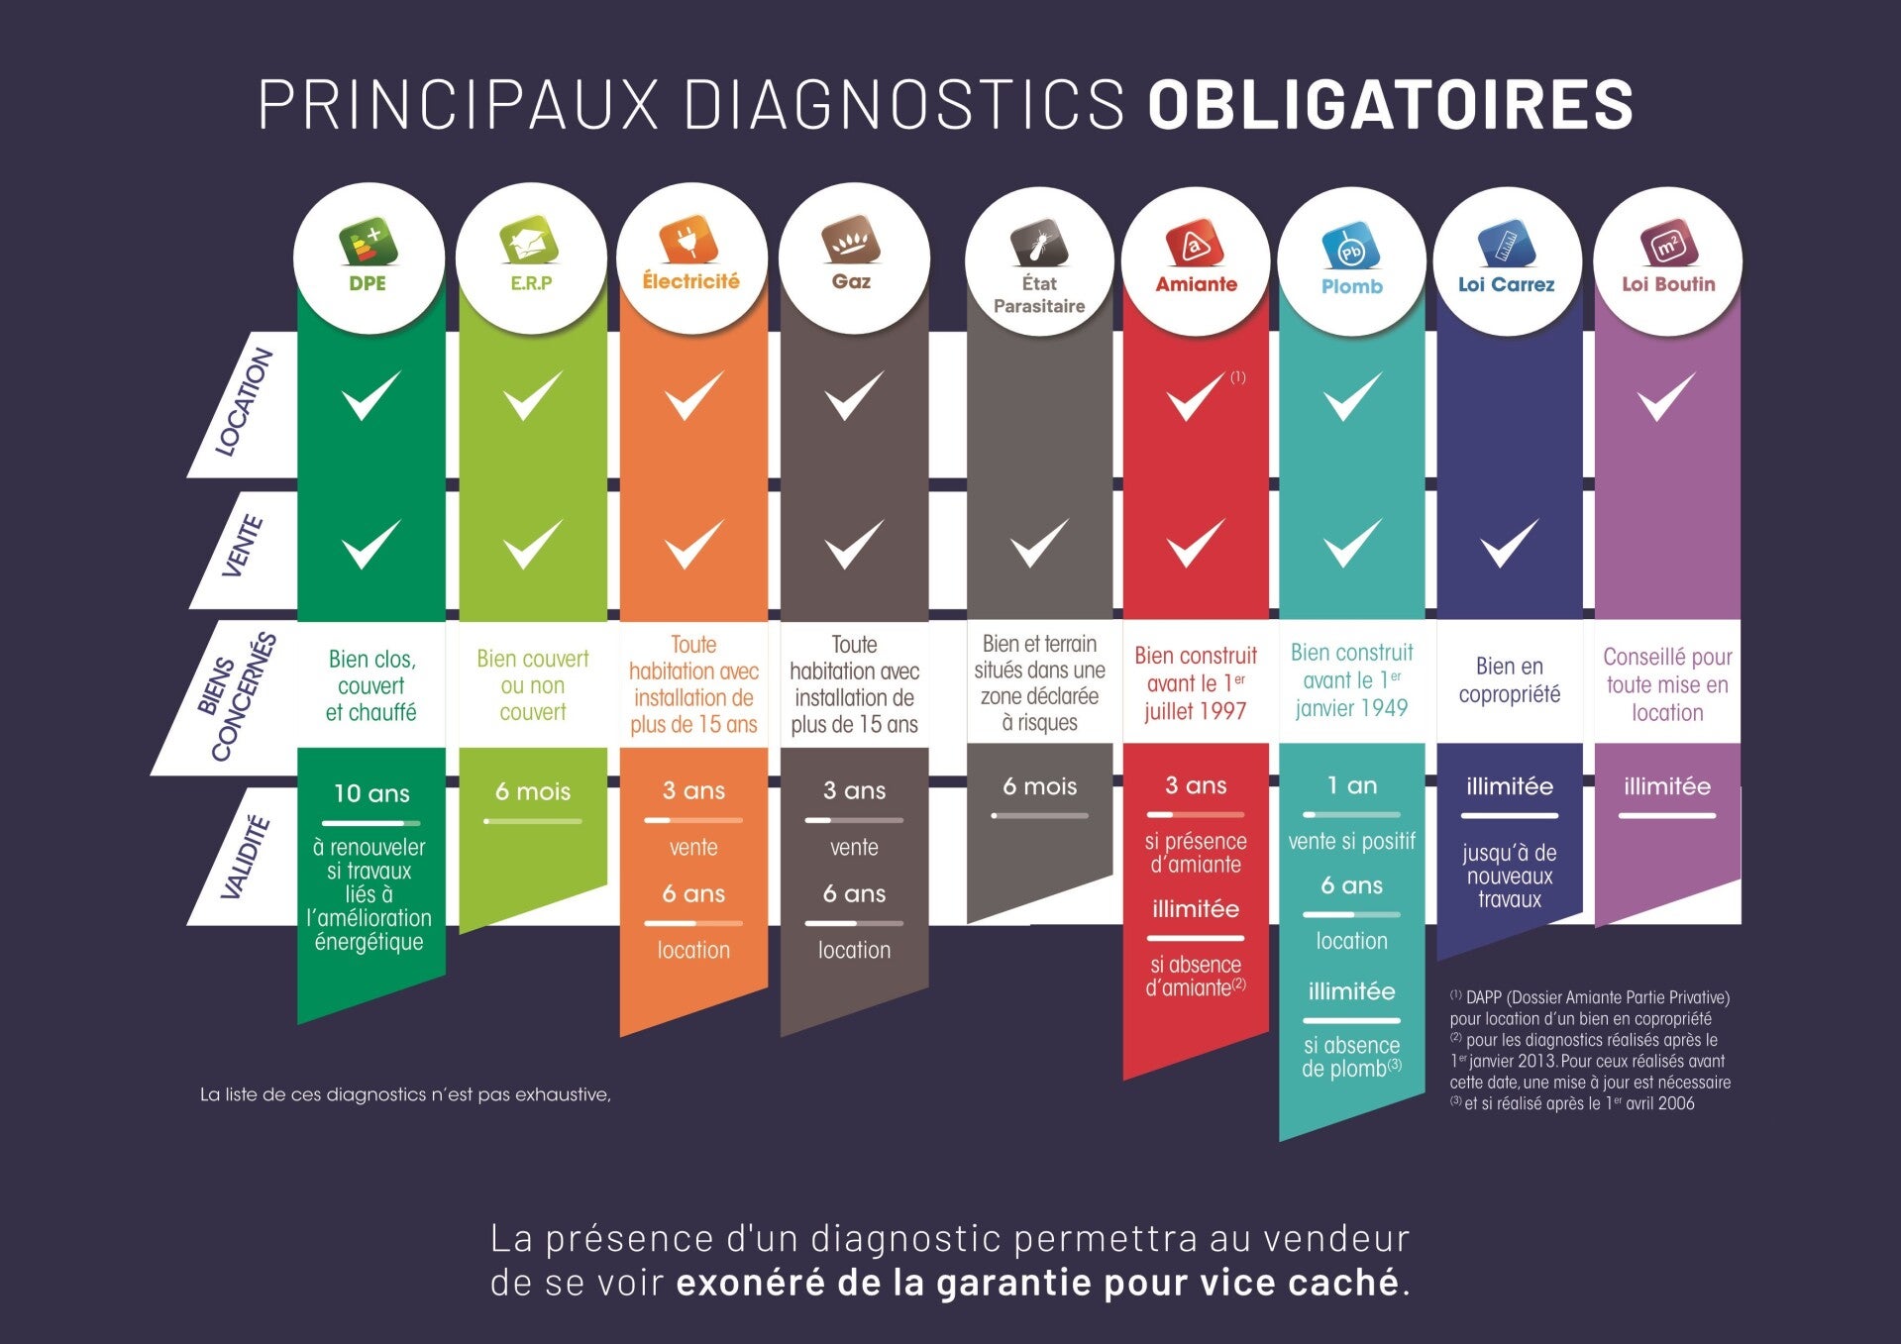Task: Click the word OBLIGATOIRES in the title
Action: pos(1390,104)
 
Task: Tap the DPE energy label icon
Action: pos(369,242)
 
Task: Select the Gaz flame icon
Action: pos(851,239)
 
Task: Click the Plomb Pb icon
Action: pos(1351,248)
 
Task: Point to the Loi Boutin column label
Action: pos(1668,284)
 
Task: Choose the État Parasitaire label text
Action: pos(1039,294)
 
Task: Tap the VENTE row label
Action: pos(242,546)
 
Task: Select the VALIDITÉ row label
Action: pos(245,858)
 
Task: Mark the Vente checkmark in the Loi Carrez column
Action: pos(1508,543)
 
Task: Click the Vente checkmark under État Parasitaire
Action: pos(1039,543)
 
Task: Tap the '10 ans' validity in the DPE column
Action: pos(371,793)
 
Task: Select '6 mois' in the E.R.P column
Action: pos(533,791)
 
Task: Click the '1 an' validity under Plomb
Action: pos(1352,785)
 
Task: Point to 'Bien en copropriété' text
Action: pos(1509,679)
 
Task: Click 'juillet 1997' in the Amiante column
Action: pos(1195,711)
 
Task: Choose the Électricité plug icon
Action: pos(689,239)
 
